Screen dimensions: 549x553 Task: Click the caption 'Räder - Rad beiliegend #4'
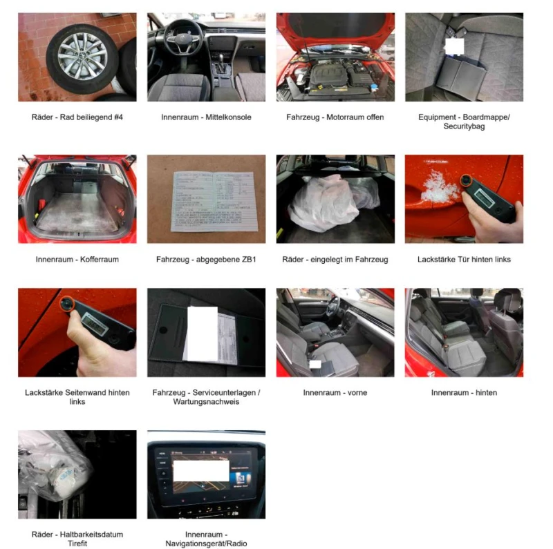[x=77, y=117]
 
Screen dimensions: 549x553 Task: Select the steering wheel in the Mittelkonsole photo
[x=181, y=35]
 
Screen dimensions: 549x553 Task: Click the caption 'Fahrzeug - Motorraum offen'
[x=335, y=117]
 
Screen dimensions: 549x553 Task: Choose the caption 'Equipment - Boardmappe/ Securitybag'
[x=464, y=122]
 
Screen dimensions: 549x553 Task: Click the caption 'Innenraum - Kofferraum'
[x=77, y=260]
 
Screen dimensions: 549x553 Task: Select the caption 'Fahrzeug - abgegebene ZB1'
[x=206, y=260]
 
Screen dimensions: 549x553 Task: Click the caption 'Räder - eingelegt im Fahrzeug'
[x=335, y=260]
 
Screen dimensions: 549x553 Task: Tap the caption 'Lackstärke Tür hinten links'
[x=464, y=260]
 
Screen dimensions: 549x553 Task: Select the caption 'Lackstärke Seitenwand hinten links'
[x=77, y=397]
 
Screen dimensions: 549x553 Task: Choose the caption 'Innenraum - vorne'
[x=335, y=393]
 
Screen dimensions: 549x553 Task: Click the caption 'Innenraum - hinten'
[x=464, y=393]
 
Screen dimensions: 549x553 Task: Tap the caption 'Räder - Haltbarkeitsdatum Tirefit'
[x=77, y=539]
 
